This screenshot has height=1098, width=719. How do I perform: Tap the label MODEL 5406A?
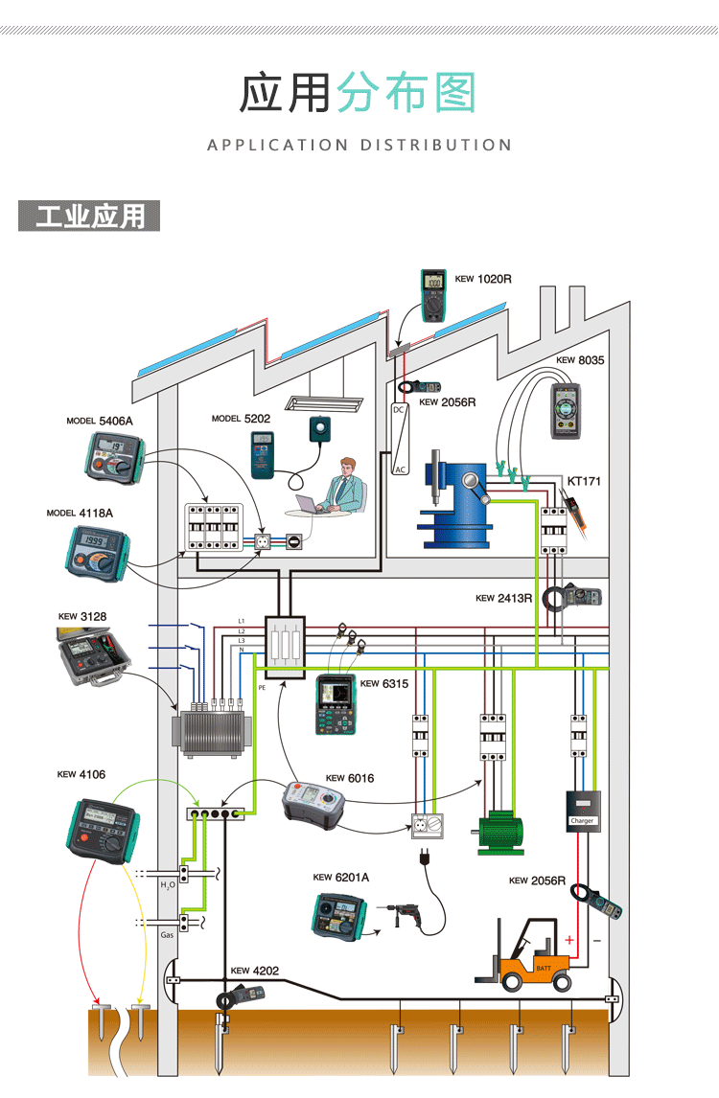(100, 421)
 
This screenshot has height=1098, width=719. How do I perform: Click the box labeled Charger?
(583, 810)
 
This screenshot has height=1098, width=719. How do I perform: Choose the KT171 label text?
(584, 481)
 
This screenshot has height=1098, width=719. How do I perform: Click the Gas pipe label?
(167, 932)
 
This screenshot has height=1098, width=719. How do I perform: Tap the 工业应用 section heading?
(89, 217)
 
